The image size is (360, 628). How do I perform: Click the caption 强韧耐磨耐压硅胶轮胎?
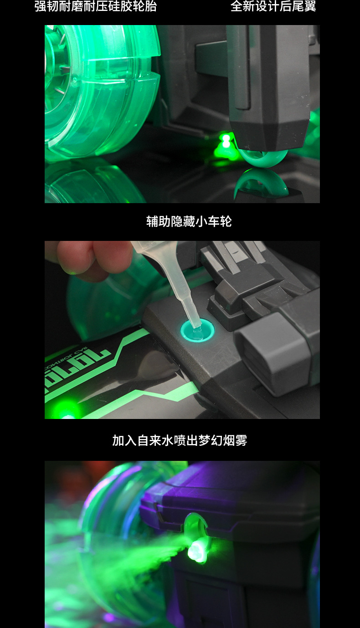tap(96, 6)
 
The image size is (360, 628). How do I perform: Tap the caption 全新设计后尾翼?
tap(273, 6)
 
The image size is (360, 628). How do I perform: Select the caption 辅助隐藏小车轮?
tap(189, 221)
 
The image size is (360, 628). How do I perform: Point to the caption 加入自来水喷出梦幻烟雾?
tap(180, 440)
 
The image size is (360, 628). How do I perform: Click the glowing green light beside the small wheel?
tap(225, 142)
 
